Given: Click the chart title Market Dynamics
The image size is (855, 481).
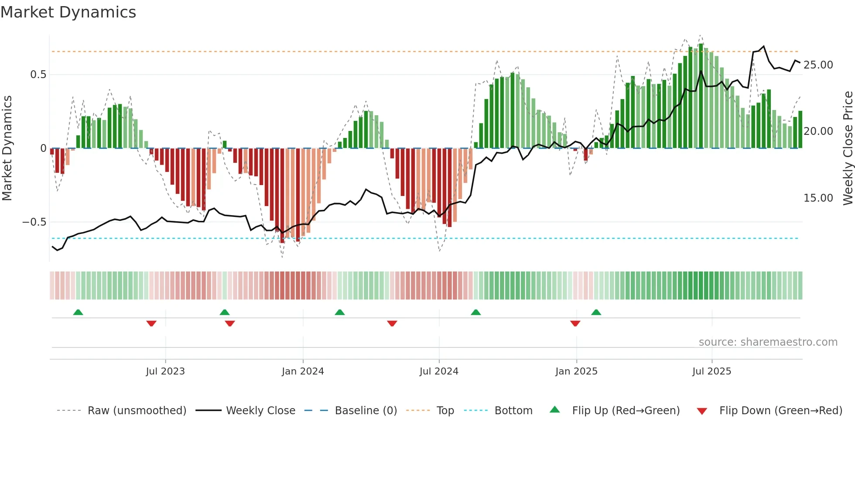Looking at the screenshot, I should click(68, 12).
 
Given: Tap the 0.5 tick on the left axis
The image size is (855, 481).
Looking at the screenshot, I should click(38, 75).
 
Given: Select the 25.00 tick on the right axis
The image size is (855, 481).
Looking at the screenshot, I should click(818, 65).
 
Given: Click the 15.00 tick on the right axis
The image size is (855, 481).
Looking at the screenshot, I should click(818, 198).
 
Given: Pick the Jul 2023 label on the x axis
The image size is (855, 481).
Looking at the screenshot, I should click(165, 371).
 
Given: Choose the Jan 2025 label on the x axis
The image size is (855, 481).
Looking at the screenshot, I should click(576, 371).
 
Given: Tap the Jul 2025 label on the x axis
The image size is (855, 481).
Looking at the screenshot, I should click(711, 371).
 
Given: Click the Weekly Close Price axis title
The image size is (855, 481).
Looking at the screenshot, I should click(848, 148).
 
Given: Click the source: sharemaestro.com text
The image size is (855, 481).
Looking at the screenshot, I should click(768, 342).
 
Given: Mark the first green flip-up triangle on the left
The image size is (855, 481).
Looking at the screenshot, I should click(78, 312).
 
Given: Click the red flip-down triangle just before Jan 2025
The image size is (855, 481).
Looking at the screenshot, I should click(575, 323).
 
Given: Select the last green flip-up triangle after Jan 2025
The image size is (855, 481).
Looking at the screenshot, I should click(596, 312).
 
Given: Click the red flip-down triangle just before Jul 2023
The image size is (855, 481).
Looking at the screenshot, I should click(151, 323).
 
